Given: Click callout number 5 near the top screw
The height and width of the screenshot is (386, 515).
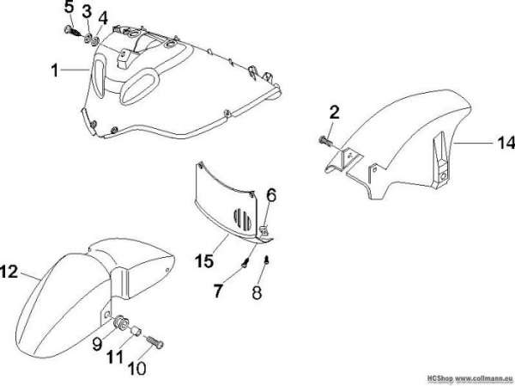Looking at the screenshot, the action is point(70,8).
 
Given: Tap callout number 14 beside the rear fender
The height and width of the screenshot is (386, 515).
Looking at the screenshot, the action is point(506,144).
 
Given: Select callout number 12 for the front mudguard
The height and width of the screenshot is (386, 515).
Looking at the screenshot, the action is point(9,273).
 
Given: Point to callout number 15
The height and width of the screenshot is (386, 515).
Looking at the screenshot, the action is point(204,261).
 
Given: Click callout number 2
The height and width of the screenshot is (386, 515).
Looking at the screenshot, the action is point(334,113).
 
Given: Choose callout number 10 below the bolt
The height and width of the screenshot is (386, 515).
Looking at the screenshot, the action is point(136,369).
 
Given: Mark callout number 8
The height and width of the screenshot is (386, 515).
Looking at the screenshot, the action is point(257,292).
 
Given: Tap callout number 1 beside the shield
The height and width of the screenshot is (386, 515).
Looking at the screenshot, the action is point(55,70).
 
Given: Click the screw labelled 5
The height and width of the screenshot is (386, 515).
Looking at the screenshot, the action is point(73,32).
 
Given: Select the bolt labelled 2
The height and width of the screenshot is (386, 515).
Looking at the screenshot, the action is point(325,141).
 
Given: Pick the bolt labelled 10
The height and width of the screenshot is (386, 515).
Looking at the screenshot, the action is point(154,342).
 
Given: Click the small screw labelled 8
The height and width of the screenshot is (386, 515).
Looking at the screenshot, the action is point(268,260).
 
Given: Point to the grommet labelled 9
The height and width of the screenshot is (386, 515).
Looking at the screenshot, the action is point(120,322).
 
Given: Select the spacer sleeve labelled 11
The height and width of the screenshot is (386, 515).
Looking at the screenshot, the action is point(136,330).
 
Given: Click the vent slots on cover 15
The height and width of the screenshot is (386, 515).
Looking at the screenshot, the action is point(242,218).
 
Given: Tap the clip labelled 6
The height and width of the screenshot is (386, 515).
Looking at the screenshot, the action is point(264,230).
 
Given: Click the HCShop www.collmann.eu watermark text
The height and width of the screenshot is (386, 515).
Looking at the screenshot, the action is point(470,377).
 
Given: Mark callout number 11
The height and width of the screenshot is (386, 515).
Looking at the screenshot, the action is point(115,357).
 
